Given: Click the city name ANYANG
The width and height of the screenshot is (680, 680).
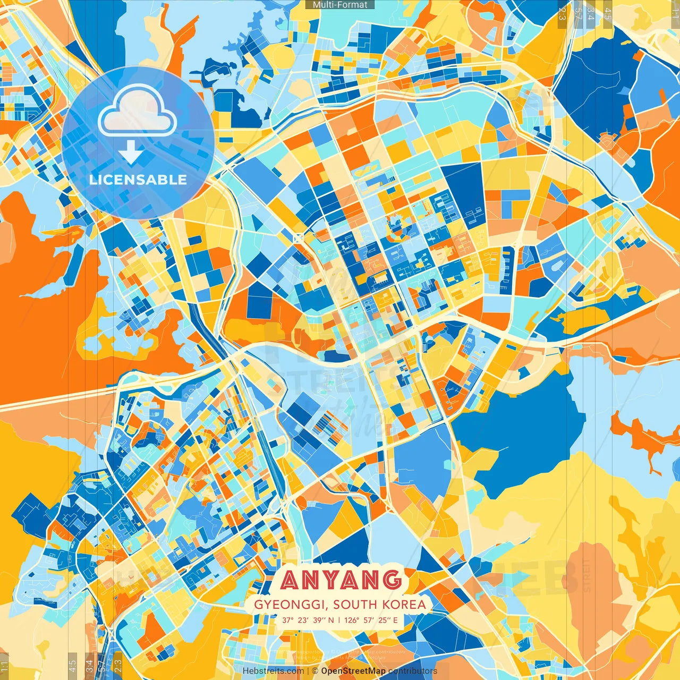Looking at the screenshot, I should point(341,580).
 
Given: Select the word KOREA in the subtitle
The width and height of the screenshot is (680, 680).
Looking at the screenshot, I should point(406,605).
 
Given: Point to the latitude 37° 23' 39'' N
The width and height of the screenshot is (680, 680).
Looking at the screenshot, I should point(308,620).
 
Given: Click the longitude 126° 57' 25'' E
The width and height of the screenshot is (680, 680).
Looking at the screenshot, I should point(371,620).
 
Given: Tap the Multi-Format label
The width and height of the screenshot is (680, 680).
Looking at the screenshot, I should point(340,5).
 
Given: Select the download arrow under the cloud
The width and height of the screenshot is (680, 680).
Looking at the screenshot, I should point(130,153).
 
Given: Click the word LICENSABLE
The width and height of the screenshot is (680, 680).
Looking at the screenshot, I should point(138,180).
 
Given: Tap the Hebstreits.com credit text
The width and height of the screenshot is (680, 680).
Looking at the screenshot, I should point(273,671).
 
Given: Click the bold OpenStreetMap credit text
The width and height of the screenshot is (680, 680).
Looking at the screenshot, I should point(353,671).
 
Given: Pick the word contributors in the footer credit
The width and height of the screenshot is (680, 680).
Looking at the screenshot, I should point(413,671).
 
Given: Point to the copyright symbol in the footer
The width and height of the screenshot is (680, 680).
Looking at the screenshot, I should point(315,671).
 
